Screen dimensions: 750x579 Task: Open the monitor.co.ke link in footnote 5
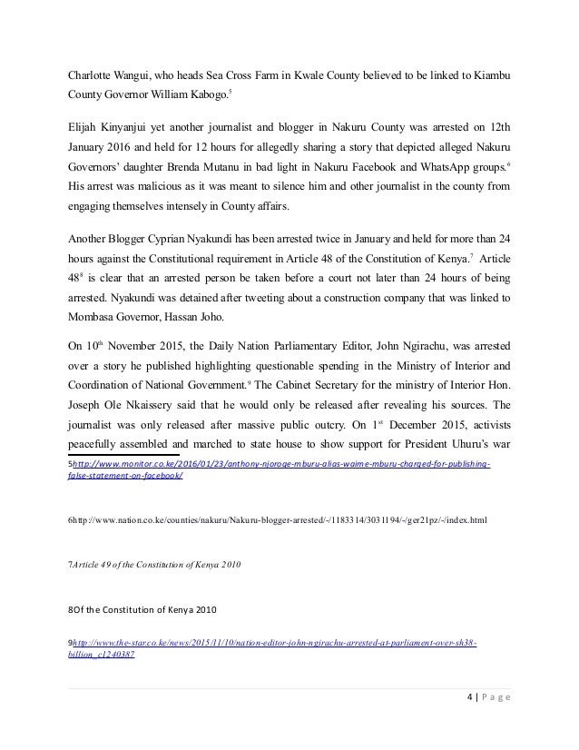pyautogui.click(x=281, y=464)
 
